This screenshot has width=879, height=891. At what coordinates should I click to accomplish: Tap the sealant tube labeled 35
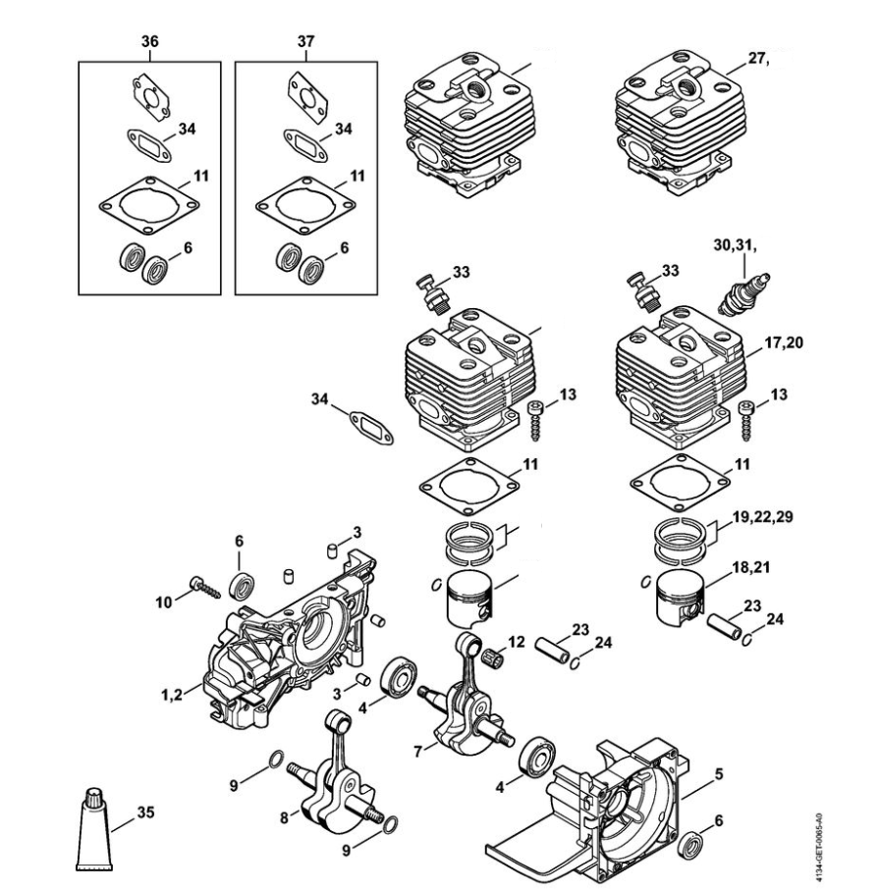pos(94,829)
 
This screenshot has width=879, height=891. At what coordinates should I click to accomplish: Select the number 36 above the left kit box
pos(150,41)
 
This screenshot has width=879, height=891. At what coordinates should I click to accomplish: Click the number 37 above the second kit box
pos(305,41)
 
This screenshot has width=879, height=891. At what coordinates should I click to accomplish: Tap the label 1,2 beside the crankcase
pos(172,694)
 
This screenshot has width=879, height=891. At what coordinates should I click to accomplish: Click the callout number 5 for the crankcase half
pos(719,774)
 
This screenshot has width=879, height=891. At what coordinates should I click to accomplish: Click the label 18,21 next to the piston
pos(750,567)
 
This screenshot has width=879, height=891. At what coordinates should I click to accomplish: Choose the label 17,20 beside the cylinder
pos(784,342)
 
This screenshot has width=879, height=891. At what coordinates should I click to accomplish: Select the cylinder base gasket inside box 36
pos(149,205)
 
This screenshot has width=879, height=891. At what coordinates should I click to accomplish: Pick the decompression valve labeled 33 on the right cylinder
pos(642,289)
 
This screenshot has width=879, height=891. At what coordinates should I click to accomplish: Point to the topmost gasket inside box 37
pos(307,96)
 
